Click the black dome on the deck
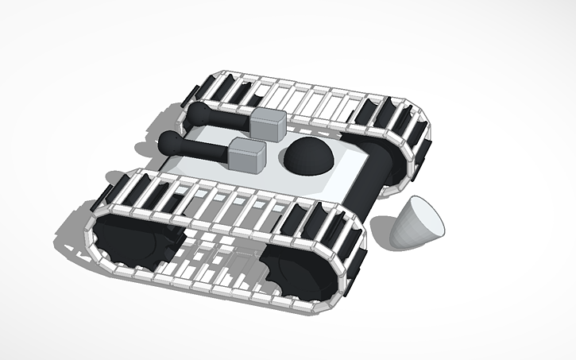tap(309, 157)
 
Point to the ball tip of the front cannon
tap(170, 143)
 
